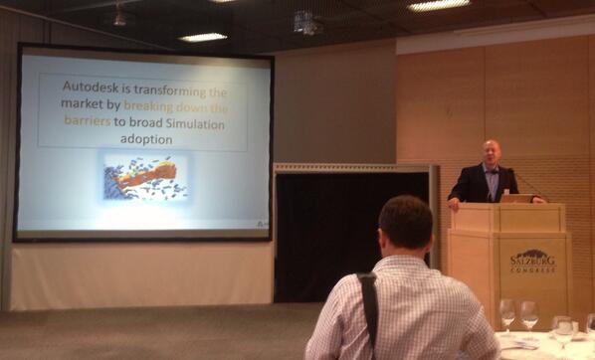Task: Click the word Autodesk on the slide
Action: click(93, 88)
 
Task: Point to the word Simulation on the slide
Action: click(188, 123)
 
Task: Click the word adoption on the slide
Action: click(144, 140)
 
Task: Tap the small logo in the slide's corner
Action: click(260, 224)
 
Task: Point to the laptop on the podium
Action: click(516, 198)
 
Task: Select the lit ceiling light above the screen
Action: click(203, 37)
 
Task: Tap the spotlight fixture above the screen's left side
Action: click(119, 16)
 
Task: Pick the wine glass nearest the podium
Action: click(507, 312)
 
